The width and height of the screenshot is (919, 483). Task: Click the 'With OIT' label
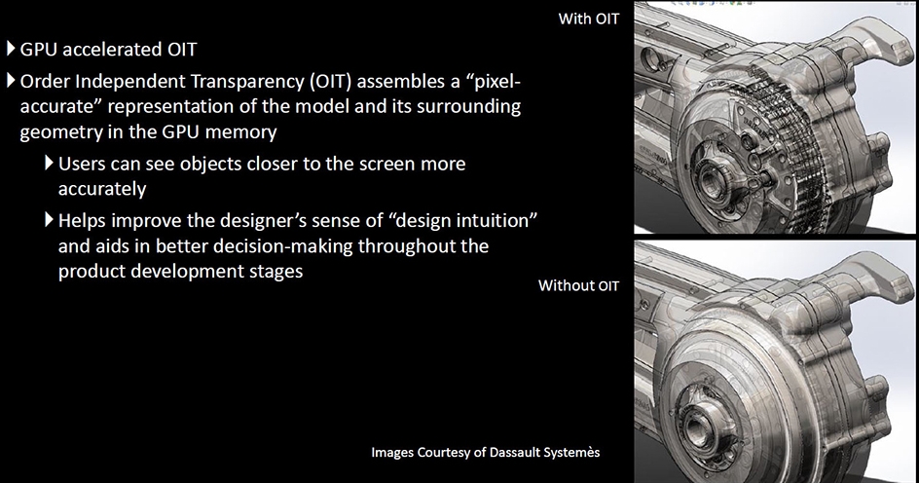pyautogui.click(x=588, y=19)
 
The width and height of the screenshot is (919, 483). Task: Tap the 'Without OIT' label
pyautogui.click(x=578, y=285)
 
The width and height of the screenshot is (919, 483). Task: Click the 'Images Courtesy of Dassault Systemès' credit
pyautogui.click(x=485, y=453)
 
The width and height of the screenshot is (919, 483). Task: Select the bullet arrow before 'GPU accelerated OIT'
pyautogui.click(x=11, y=48)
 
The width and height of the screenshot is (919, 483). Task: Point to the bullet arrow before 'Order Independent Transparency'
pyautogui.click(x=11, y=80)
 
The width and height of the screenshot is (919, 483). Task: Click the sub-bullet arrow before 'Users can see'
pyautogui.click(x=50, y=163)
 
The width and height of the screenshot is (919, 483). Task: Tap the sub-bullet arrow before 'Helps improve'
pyautogui.click(x=50, y=220)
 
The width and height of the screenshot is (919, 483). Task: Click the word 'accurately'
pyautogui.click(x=102, y=189)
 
